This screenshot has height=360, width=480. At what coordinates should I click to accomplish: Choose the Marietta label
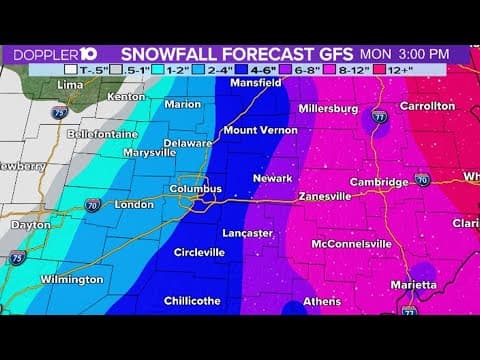coord(413,285)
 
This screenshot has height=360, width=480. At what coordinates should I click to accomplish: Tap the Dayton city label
coord(31,225)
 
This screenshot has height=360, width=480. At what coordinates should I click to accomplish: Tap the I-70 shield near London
coord(92,205)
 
